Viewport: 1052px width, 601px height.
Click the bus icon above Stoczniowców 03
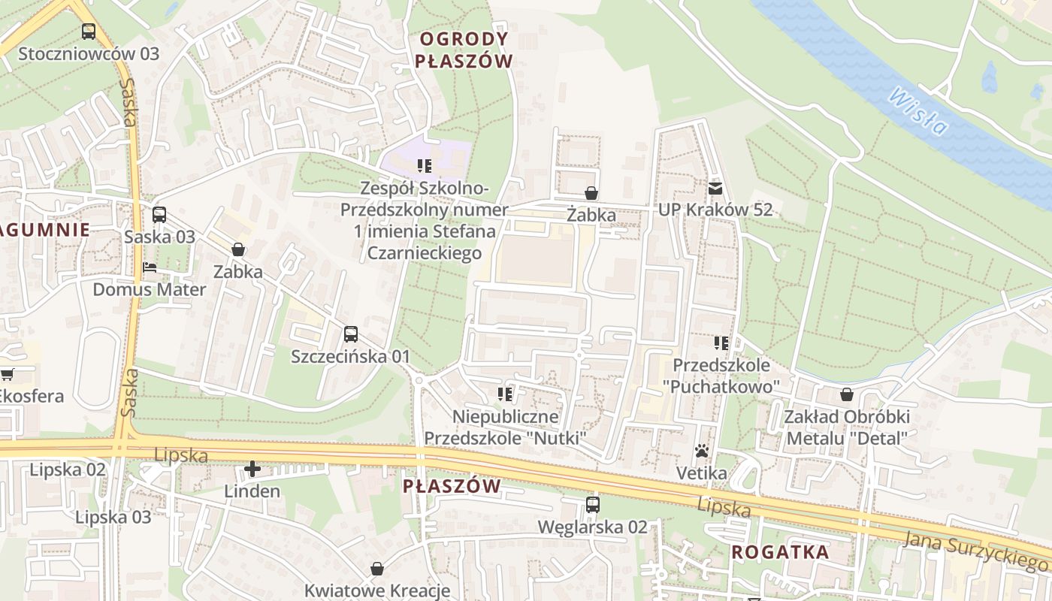point(89,32)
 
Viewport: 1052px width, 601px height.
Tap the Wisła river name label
point(917,112)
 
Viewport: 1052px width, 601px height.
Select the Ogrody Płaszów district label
point(464,50)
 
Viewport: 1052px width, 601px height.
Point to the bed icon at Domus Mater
point(150,267)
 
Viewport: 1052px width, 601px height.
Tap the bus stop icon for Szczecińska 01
point(351,334)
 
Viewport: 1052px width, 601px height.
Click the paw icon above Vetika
point(702,451)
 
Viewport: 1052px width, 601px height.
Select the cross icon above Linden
point(252,470)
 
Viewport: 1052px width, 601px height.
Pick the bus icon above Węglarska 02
point(593,504)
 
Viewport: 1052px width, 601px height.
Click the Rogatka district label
point(780,552)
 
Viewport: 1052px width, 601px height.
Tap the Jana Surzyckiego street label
point(977,549)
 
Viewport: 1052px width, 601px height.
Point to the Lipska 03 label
point(113,517)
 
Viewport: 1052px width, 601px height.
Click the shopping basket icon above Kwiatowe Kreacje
point(377,569)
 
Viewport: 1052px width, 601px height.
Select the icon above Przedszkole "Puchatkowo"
point(721,343)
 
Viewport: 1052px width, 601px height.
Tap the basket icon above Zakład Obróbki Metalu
point(847,394)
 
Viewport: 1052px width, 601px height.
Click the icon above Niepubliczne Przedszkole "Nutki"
point(505,394)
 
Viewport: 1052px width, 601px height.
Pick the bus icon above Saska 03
point(159,215)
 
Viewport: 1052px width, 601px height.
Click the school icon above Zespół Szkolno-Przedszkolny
point(425,165)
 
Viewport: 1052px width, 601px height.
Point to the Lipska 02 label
point(68,470)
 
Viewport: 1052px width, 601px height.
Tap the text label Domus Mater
point(149,289)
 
